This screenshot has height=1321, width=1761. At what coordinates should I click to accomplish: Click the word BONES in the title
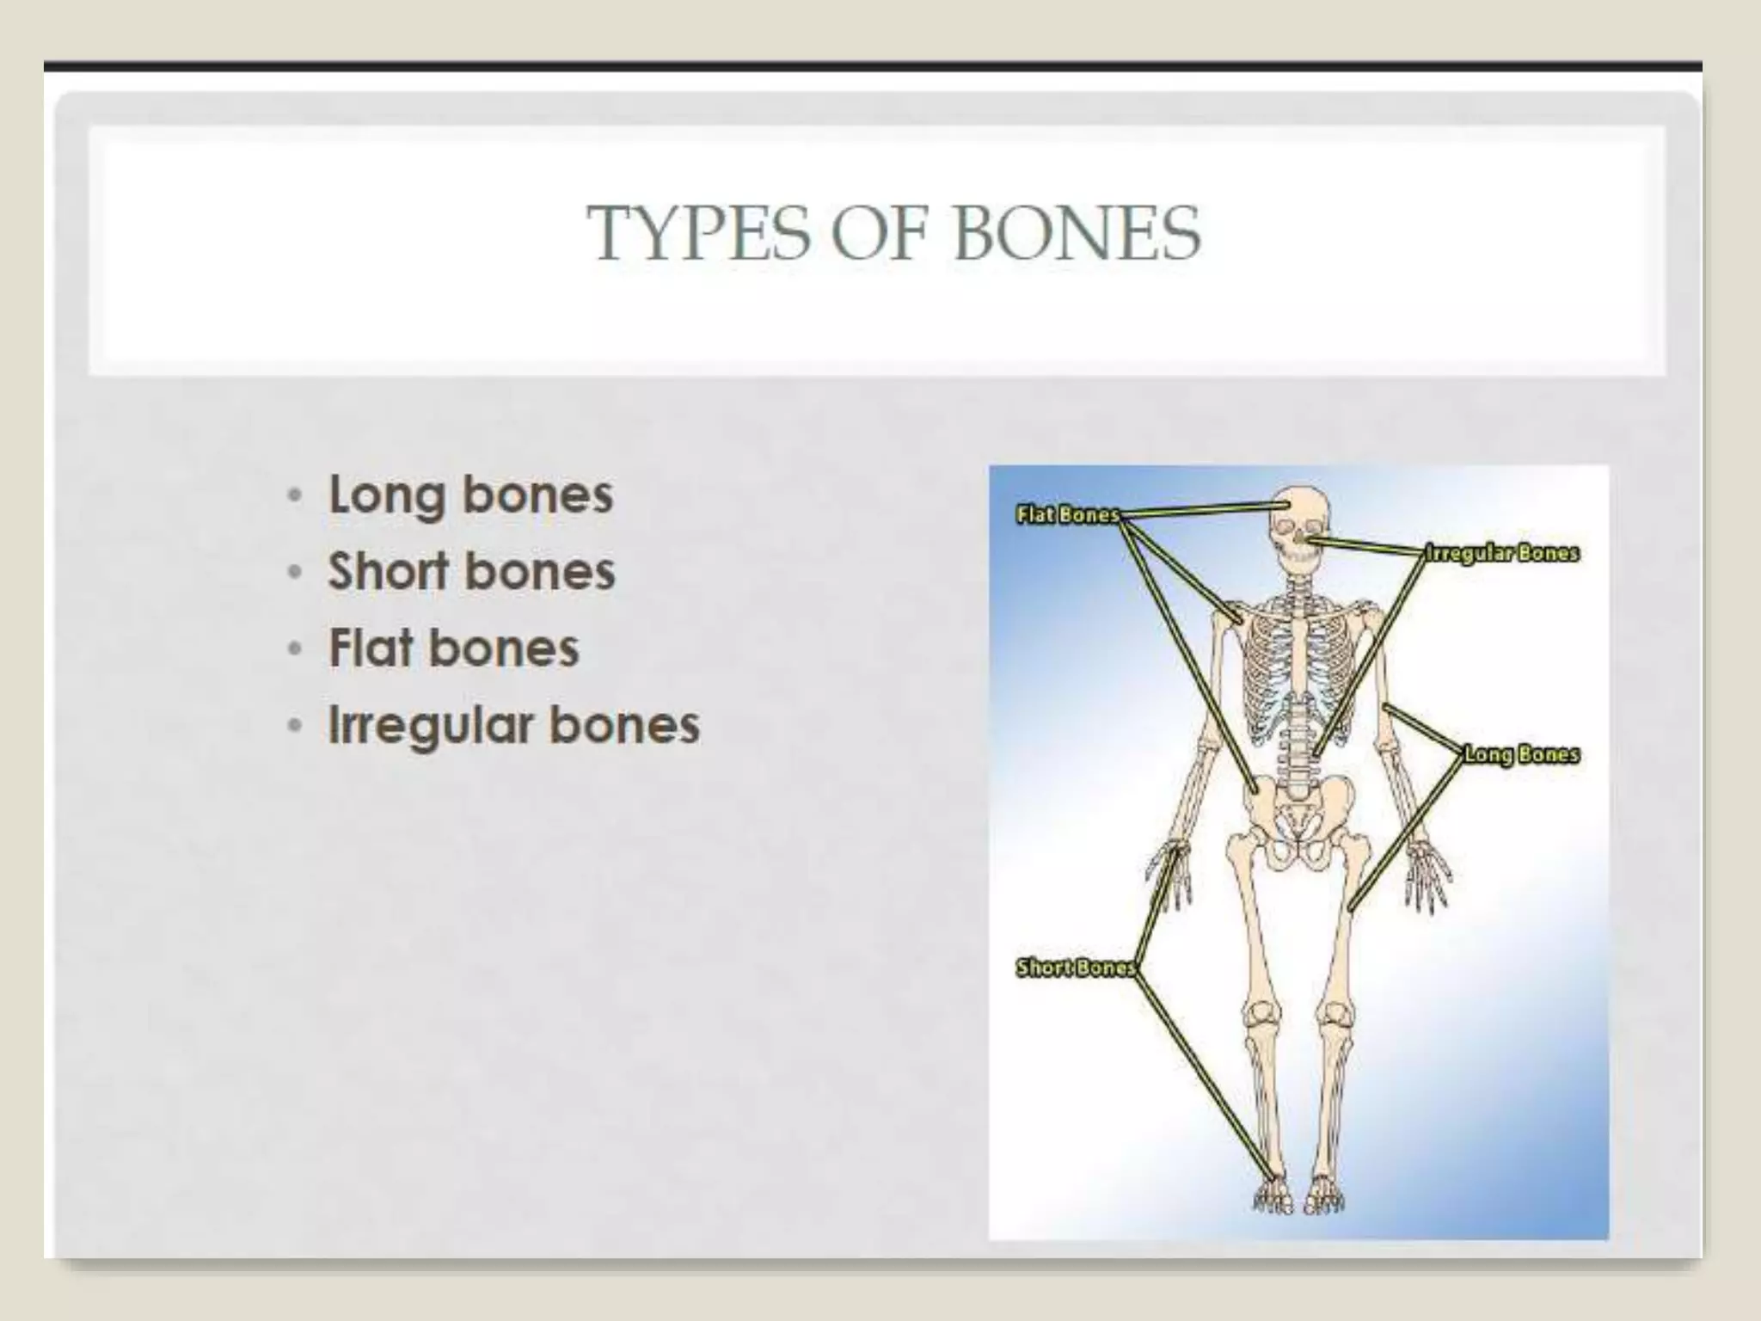click(1077, 234)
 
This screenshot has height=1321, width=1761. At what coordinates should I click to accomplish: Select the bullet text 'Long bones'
click(470, 495)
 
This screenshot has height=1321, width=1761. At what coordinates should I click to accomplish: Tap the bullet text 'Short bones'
click(471, 572)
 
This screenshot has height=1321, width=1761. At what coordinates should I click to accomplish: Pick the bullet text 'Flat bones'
click(453, 648)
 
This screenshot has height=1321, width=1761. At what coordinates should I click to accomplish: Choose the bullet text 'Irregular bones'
click(514, 725)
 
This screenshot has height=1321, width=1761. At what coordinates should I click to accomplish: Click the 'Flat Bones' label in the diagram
click(1067, 515)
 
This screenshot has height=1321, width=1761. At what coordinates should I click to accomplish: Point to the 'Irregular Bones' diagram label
click(1502, 553)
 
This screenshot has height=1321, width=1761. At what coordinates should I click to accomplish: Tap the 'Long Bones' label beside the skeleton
click(1521, 754)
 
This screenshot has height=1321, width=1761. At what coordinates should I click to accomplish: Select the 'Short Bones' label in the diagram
click(1076, 968)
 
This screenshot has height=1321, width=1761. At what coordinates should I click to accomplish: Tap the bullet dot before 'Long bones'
click(295, 496)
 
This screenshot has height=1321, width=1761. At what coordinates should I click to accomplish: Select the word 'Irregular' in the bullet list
click(430, 725)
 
